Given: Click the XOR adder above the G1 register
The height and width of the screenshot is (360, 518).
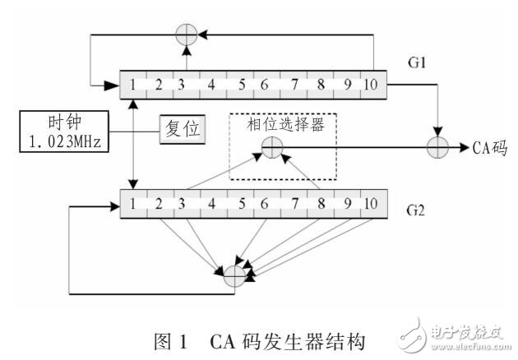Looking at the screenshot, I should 186,35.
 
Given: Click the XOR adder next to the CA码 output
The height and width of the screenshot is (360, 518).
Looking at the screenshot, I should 435,149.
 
